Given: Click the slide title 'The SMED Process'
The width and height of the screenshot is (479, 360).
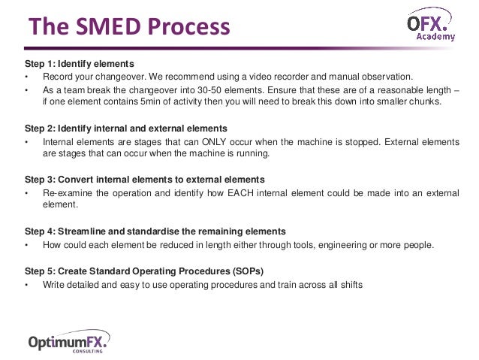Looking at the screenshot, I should click(128, 28).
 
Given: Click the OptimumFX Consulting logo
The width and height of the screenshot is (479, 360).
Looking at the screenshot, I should click(68, 342).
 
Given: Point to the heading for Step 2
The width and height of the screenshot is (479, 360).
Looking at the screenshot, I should click(125, 128).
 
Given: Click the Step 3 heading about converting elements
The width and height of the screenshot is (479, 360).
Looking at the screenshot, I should click(144, 180).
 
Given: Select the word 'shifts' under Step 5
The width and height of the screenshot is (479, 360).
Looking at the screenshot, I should click(349, 284).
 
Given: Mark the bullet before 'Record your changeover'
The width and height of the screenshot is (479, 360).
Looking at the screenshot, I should click(27, 77).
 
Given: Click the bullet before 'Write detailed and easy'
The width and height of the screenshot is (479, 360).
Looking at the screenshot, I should click(27, 284).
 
